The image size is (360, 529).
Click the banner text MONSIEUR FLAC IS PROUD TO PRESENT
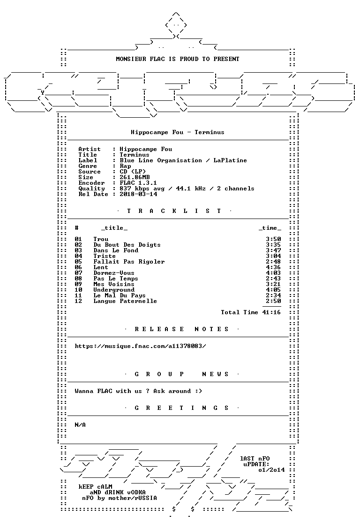[x=178, y=59]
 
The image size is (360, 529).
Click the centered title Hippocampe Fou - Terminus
[x=178, y=132]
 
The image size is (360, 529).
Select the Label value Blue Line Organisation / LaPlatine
[x=183, y=160]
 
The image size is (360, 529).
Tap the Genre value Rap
[x=126, y=166]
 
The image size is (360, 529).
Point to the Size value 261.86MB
[x=135, y=177]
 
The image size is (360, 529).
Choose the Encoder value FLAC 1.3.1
[x=139, y=183]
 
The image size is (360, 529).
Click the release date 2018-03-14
[x=139, y=194]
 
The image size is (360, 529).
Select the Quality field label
[x=92, y=189]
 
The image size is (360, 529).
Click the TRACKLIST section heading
[x=174, y=211]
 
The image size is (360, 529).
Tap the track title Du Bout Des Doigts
[x=127, y=245]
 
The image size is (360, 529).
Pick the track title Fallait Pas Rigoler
[x=129, y=262]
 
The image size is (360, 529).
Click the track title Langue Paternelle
[x=126, y=301]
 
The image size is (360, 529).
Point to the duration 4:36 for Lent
[x=273, y=267]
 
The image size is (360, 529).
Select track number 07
[x=79, y=273]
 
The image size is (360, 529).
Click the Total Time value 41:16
[x=271, y=312]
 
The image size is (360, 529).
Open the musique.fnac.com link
[x=140, y=346]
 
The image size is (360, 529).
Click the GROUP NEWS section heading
[x=182, y=374]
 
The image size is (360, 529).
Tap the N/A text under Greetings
[x=80, y=425]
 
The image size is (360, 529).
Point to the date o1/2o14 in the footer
[x=271, y=470]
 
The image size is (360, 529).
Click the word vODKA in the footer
[x=136, y=492]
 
